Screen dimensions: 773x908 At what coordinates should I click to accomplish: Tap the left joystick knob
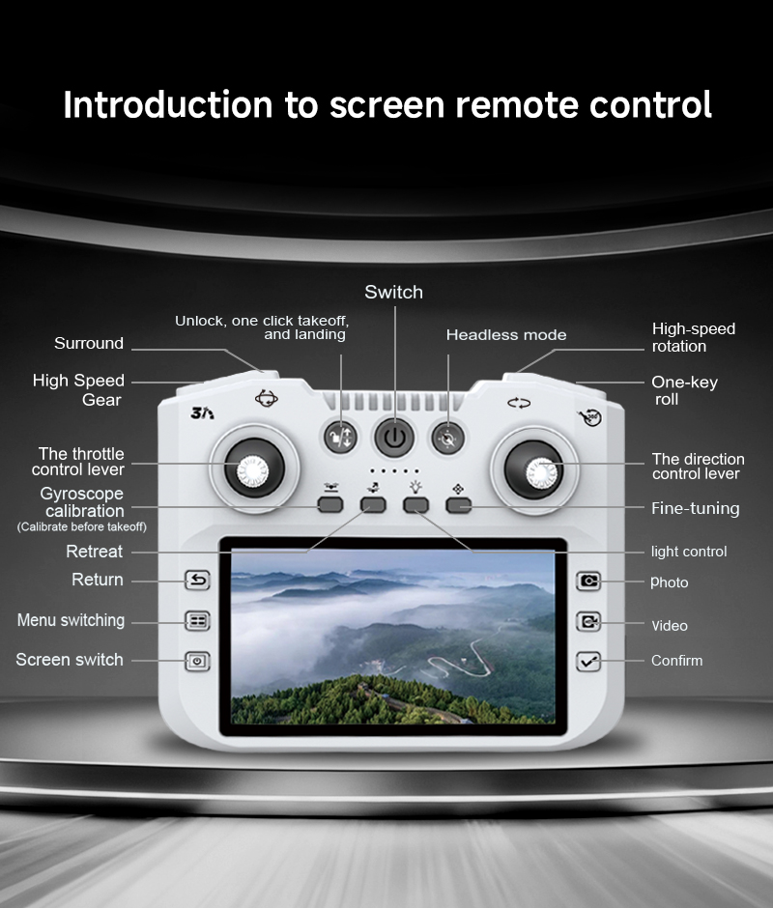253,469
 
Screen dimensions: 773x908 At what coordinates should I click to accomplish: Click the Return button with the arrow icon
197,580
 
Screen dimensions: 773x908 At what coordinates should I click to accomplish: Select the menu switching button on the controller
197,621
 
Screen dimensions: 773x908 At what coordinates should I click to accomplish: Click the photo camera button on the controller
588,581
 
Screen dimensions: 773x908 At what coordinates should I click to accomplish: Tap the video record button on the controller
588,621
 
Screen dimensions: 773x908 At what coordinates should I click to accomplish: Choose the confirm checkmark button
588,662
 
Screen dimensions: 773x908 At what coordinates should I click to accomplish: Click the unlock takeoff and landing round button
341,438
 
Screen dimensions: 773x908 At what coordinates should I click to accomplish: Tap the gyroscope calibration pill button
330,505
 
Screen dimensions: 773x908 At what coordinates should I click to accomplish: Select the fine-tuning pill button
458,505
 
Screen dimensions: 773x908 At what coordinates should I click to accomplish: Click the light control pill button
415,505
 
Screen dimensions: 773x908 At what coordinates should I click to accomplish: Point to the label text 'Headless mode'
506,335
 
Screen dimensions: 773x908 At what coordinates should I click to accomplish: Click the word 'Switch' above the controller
393,292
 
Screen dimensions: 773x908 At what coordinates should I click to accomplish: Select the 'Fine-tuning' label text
696,508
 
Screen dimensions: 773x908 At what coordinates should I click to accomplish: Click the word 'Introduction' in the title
167,105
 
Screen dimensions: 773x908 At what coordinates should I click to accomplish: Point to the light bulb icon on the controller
415,487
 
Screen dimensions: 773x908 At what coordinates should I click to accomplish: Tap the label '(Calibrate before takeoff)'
82,527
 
